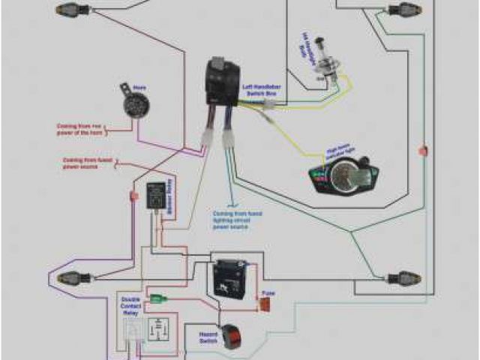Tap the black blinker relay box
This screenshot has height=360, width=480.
(156, 193)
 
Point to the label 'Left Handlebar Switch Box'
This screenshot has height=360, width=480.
(259, 92)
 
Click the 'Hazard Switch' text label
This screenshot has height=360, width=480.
(209, 336)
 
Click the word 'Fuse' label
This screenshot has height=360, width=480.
(265, 293)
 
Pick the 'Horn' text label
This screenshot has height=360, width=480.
(138, 87)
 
